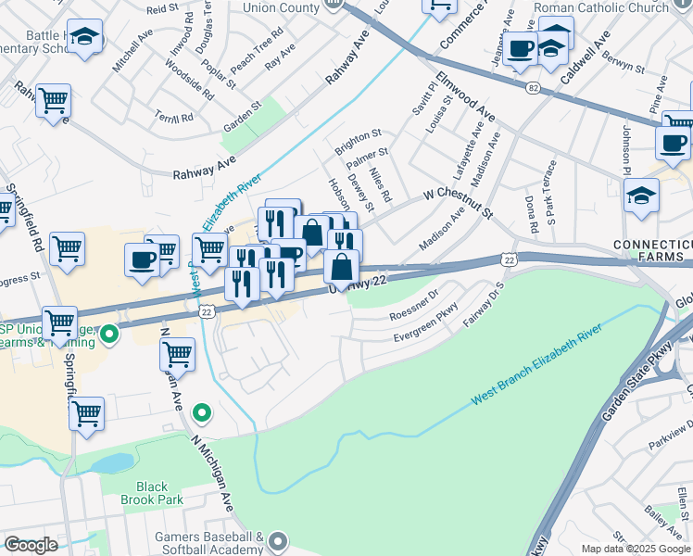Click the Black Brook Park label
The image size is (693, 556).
(x=152, y=493)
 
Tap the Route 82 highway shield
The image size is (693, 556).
(x=532, y=86)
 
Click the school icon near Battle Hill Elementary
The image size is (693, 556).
(x=85, y=37)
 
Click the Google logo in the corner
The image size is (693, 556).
(x=31, y=545)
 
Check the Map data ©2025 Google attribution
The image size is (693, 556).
(x=635, y=549)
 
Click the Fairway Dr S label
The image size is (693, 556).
(x=488, y=297)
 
